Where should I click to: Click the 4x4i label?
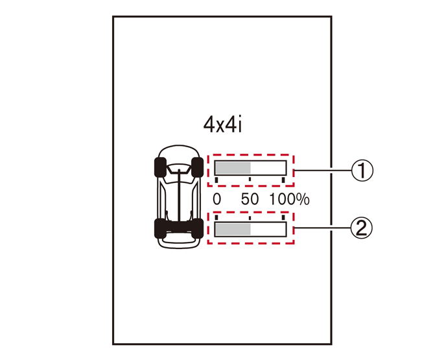[x=222, y=125]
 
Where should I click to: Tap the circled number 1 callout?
[x=362, y=171]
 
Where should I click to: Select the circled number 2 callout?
[x=362, y=228]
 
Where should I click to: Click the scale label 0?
[x=217, y=199]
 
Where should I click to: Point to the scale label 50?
[x=250, y=199]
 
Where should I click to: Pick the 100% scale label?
[x=289, y=199]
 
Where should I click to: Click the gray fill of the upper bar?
[x=233, y=168]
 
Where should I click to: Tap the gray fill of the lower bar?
[x=233, y=230]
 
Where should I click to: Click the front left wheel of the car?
[x=160, y=167]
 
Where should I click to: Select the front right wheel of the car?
[x=197, y=167]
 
